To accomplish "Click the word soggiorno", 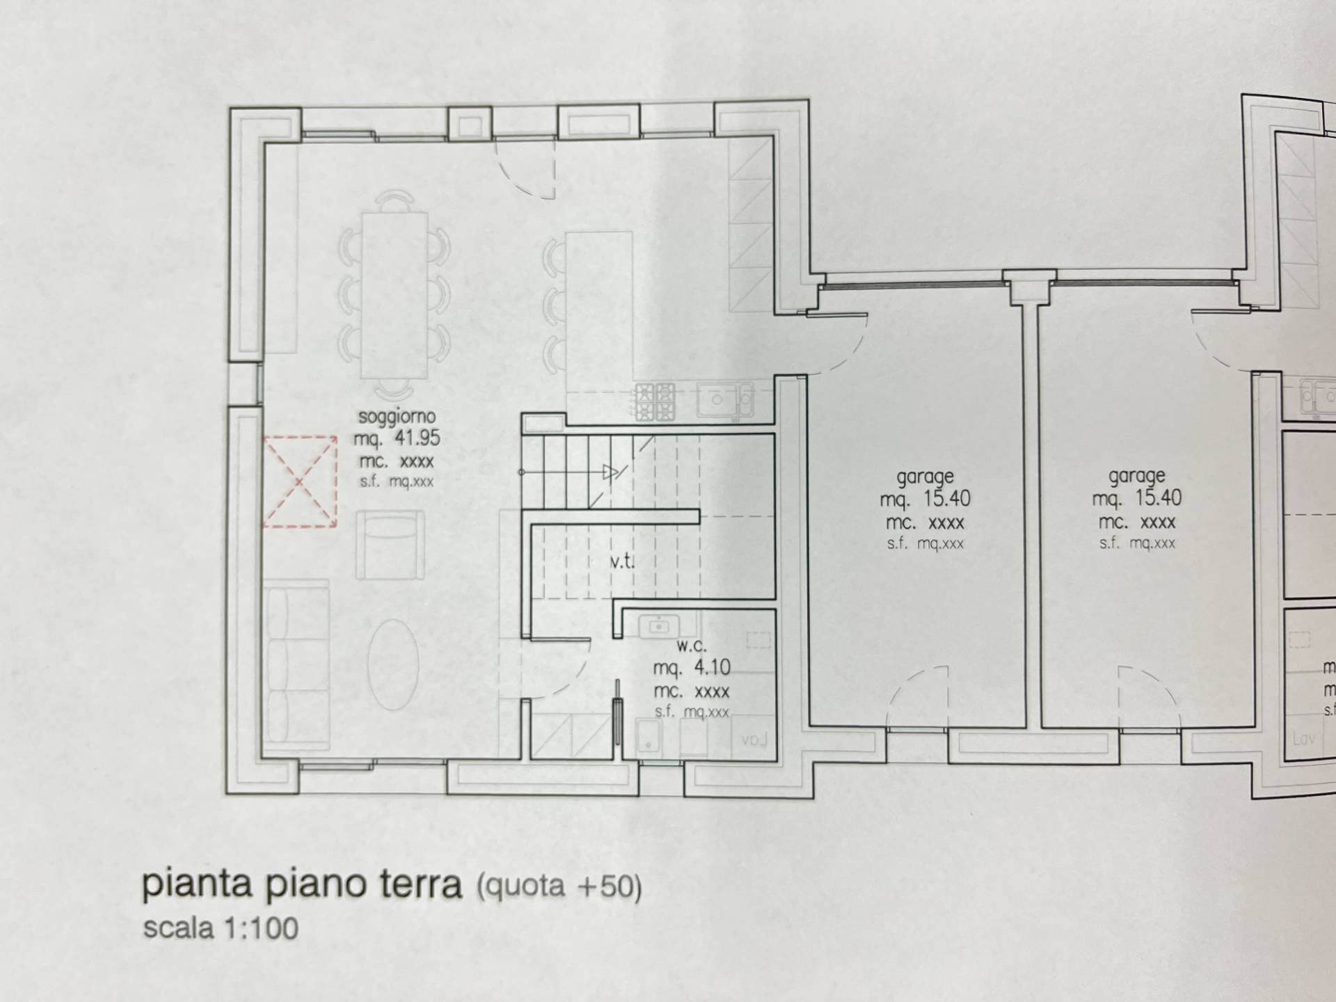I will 397,417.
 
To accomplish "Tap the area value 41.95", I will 417,438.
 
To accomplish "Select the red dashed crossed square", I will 300,482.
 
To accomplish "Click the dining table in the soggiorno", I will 394,295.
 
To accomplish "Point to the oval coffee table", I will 394,664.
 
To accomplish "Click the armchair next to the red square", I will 390,545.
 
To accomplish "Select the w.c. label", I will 691,646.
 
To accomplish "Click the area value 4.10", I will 712,668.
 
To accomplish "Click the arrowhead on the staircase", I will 610,473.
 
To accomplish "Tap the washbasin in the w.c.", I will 658,626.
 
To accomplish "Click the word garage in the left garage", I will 925,477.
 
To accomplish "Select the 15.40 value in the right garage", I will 1158,498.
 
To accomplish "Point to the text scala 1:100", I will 221,928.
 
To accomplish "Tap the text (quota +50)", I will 559,886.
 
